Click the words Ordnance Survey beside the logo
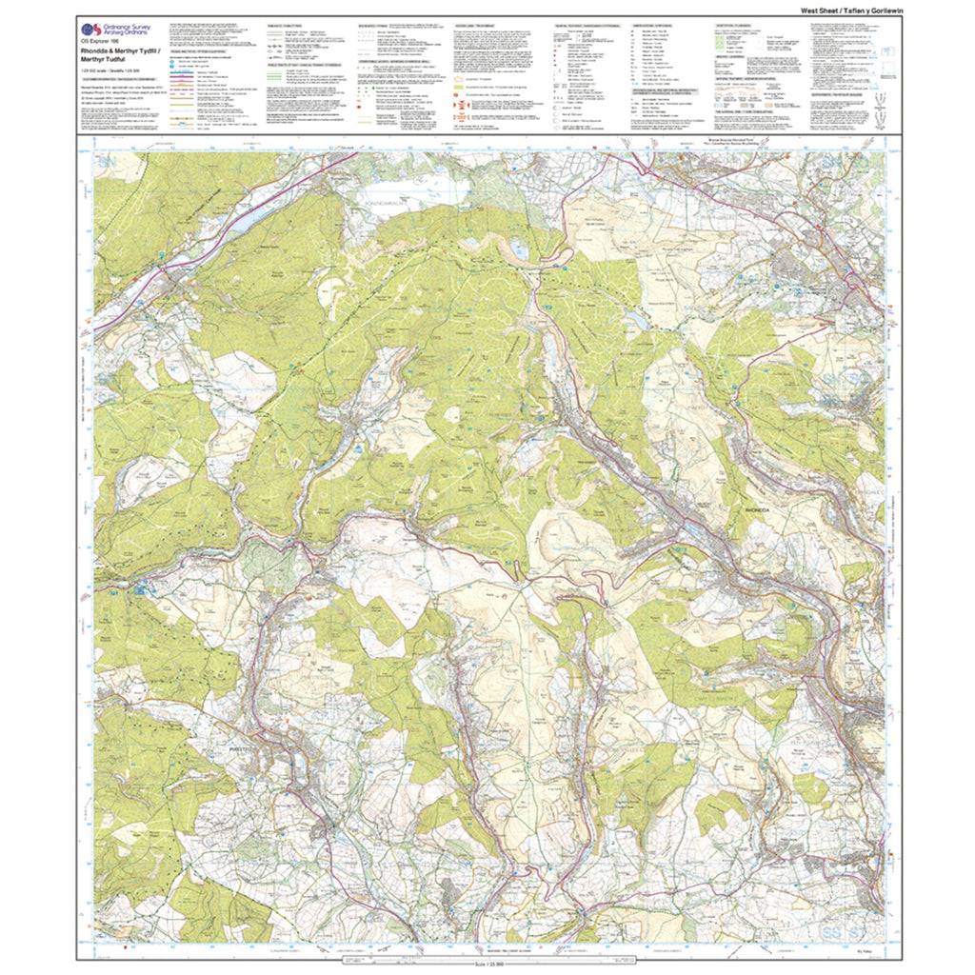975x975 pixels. [x=128, y=26]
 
